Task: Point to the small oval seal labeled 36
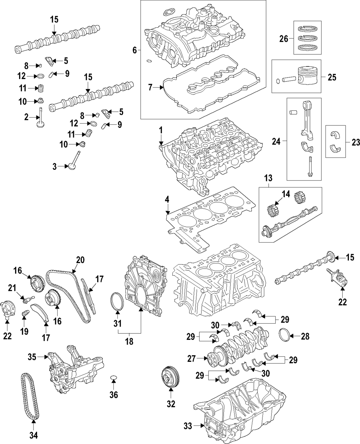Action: pos(114,378)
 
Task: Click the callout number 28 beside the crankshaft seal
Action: pos(305,337)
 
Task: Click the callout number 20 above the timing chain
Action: pos(80,260)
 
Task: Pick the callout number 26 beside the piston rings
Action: pos(284,39)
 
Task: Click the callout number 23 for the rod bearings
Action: pos(356,142)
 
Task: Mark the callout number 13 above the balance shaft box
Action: pos(268,178)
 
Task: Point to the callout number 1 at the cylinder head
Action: pos(161,129)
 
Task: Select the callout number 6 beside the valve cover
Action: pos(135,50)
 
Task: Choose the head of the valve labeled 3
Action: pos(72,167)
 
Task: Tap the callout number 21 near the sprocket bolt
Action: pos(12,287)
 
